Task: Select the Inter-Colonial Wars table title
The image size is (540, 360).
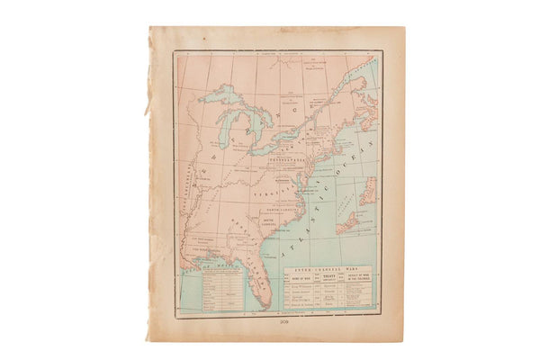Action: (326, 266)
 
